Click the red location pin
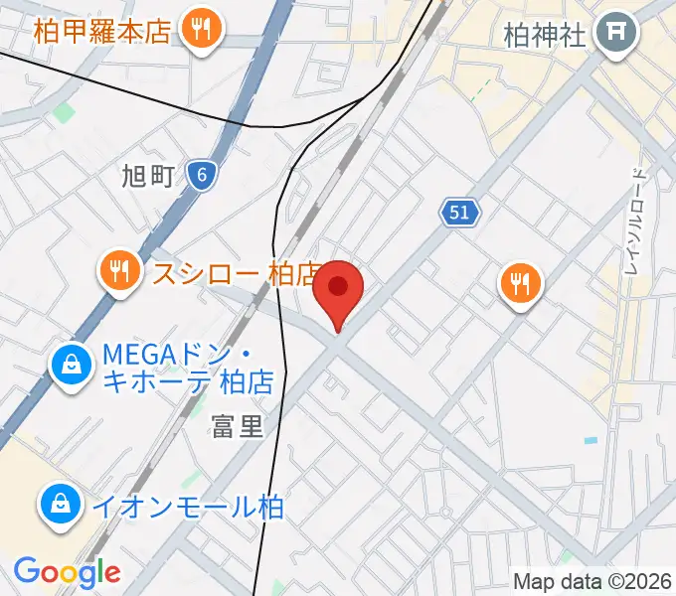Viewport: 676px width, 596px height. [x=338, y=288]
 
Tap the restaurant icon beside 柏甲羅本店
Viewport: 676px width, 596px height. [x=202, y=30]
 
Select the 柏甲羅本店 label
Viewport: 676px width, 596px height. [x=101, y=31]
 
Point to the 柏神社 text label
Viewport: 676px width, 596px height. [x=545, y=37]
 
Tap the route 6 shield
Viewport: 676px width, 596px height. [x=202, y=176]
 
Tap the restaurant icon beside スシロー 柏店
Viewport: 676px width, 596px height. [x=120, y=271]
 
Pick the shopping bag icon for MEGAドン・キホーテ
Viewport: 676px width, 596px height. [x=73, y=367]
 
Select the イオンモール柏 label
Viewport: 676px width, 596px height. [x=187, y=507]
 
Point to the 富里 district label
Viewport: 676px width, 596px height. [x=238, y=427]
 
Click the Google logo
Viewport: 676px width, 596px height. [x=67, y=572]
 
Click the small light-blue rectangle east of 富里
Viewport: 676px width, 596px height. [x=591, y=440]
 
